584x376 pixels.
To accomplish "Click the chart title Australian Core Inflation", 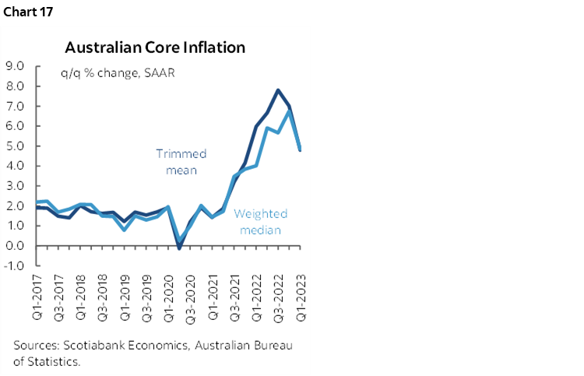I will click(155, 47).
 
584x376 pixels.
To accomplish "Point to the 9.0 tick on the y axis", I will click(16, 65).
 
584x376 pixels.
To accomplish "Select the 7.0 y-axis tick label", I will click(16, 105).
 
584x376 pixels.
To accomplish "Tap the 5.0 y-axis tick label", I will click(16, 146).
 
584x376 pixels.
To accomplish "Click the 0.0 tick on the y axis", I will click(16, 246).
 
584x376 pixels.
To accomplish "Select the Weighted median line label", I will click(260, 222).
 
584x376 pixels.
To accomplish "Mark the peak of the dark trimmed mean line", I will click(278, 90).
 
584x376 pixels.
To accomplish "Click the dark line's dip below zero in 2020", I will click(180, 248).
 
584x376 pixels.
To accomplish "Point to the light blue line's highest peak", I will click(290, 111).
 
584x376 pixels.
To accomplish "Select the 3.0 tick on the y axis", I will click(16, 186).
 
